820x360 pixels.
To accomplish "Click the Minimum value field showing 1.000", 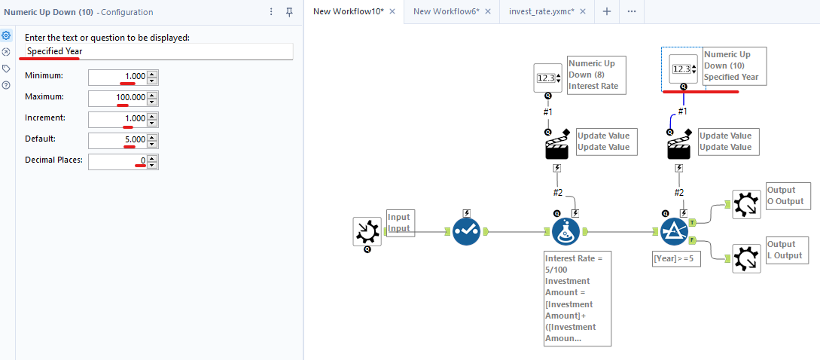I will (x=117, y=77).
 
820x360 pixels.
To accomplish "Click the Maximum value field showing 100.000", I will (x=117, y=98).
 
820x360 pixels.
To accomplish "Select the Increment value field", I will (x=117, y=119).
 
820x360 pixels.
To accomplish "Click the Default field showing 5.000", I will (x=117, y=140).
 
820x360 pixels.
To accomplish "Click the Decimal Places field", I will (x=117, y=161).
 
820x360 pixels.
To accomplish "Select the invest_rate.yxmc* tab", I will (x=541, y=11).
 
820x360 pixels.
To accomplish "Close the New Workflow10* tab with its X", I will (x=392, y=11).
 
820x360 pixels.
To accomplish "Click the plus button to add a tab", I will (x=607, y=11).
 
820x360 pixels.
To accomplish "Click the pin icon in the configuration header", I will (x=289, y=12).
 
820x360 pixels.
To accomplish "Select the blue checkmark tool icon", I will (x=467, y=231).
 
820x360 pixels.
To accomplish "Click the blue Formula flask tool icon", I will (x=565, y=232).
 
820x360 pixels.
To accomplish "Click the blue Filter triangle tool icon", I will (x=674, y=232).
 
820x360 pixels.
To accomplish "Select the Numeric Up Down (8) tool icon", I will (x=548, y=78).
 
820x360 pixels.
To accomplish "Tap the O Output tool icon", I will (x=746, y=204).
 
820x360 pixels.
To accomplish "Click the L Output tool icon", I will (x=746, y=258).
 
